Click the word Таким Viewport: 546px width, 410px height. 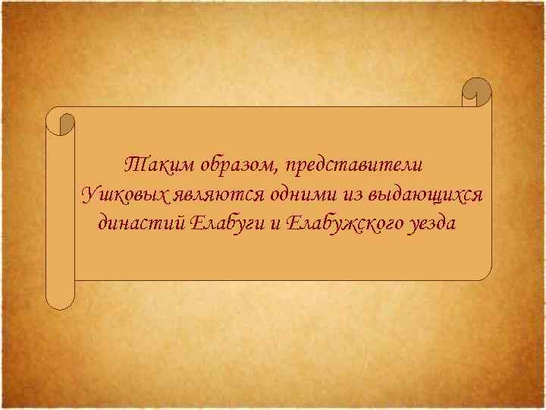pyautogui.click(x=149, y=164)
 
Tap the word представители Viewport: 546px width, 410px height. pyautogui.click(x=354, y=164)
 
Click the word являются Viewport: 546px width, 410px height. pyautogui.click(x=218, y=194)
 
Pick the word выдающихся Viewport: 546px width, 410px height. pyautogui.click(x=425, y=194)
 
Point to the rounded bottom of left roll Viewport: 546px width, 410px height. pyautogui.click(x=61, y=302)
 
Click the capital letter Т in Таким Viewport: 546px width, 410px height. pyautogui.click(x=130, y=164)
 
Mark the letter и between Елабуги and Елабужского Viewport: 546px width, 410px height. pyautogui.click(x=273, y=225)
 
